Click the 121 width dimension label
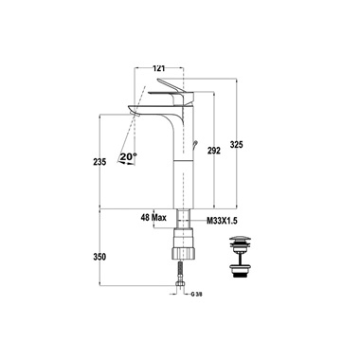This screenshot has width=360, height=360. pyautogui.click(x=159, y=68)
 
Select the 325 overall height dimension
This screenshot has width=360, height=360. pyautogui.click(x=237, y=145)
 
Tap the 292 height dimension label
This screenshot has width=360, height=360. pyautogui.click(x=214, y=151)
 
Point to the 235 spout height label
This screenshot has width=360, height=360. pyautogui.click(x=99, y=162)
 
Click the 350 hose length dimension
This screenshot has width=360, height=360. pyautogui.click(x=99, y=257)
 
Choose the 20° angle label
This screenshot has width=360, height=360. pyautogui.click(x=129, y=156)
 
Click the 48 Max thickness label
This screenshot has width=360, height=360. pyautogui.click(x=153, y=218)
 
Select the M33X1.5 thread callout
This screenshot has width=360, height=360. pyautogui.click(x=222, y=221)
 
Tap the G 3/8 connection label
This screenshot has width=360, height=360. pyautogui.click(x=196, y=295)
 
